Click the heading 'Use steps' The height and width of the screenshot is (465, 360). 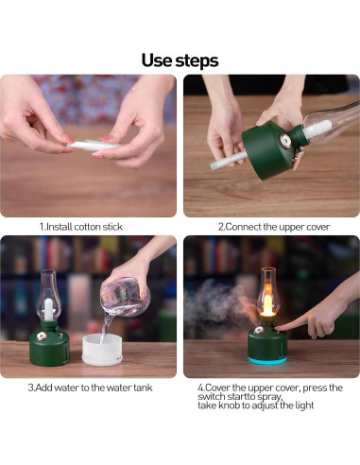180,60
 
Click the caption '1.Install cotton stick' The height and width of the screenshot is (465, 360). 80,227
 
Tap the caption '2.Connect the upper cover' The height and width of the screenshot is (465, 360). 274,227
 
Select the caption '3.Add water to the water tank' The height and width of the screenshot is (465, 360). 90,387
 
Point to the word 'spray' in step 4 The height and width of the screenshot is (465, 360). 268,397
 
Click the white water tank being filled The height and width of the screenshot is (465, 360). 102,350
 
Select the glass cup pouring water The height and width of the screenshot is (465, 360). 125,296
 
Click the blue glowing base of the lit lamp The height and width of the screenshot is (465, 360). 267,360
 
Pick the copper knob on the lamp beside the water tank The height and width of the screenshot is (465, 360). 41,336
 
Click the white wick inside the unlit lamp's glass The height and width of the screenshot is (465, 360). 48,309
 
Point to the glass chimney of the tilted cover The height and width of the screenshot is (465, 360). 331,121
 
